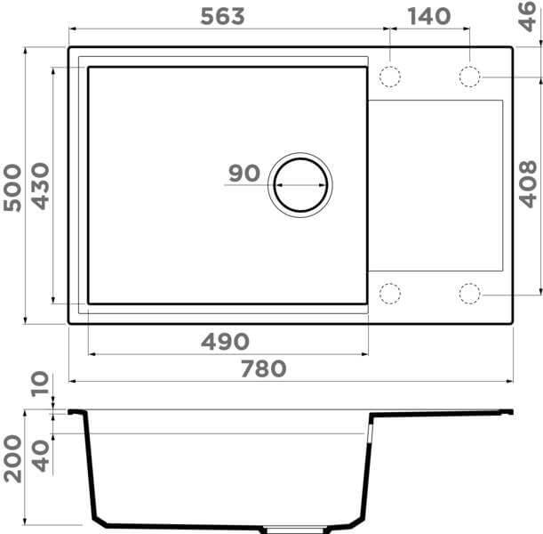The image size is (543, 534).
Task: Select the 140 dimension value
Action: [x=429, y=16]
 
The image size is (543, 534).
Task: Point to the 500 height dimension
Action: [x=12, y=187]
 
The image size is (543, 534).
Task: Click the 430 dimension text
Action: [x=40, y=187]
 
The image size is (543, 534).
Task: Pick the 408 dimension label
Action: [x=527, y=183]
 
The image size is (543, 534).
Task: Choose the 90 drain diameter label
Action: [x=244, y=174]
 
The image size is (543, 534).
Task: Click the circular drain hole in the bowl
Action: [x=299, y=185]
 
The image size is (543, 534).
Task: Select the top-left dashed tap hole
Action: [x=390, y=77]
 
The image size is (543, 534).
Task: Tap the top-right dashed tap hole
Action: [x=469, y=77]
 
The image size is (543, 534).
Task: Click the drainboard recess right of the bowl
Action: [x=435, y=185]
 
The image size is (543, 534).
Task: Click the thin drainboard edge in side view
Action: [x=444, y=413]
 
